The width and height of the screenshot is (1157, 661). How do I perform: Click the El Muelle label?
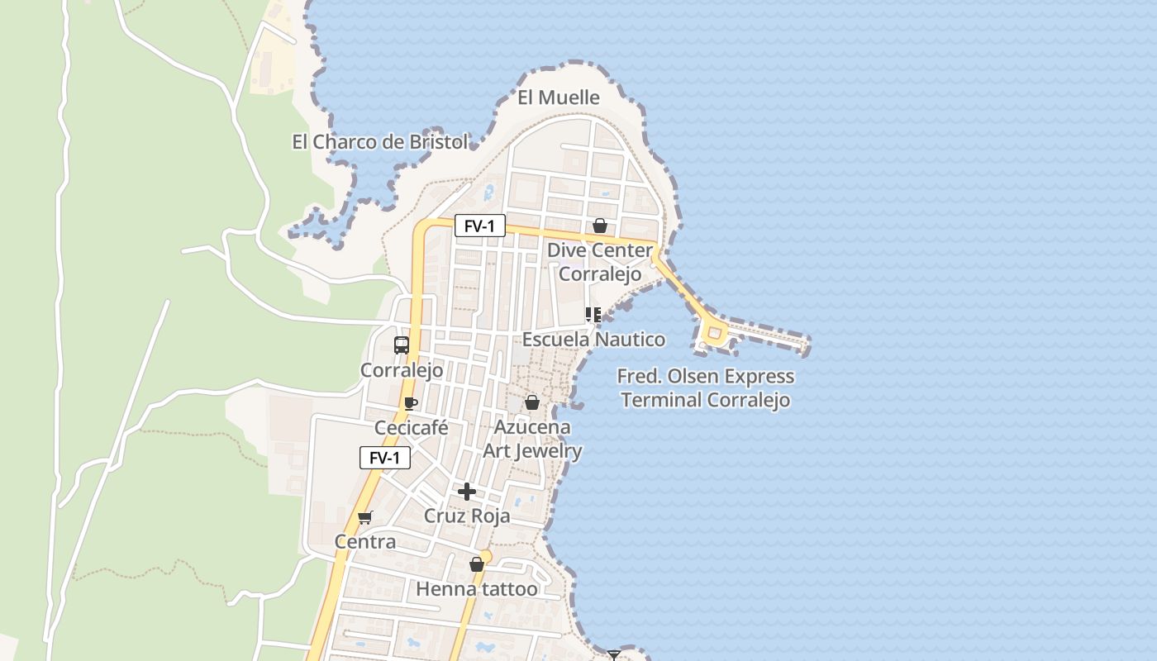tap(558, 97)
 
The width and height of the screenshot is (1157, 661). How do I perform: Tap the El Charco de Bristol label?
tap(379, 141)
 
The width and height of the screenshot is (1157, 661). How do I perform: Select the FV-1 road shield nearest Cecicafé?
tap(384, 458)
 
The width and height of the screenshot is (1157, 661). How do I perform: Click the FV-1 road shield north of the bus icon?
tap(479, 226)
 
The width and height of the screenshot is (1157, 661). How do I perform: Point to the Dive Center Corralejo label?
tap(600, 261)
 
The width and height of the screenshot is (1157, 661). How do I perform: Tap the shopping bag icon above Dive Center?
tap(599, 226)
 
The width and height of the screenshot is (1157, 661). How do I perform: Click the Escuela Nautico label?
tap(593, 339)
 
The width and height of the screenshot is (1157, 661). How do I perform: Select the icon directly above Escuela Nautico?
tap(593, 314)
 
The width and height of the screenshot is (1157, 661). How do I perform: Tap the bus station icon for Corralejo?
tap(402, 345)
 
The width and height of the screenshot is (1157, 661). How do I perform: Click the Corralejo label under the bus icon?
tap(402, 370)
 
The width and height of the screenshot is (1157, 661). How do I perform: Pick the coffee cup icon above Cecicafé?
tap(410, 403)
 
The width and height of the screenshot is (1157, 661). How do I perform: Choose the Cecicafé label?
tap(412, 427)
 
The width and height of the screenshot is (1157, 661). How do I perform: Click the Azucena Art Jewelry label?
tap(532, 439)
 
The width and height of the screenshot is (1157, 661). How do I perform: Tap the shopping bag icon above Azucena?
tap(532, 402)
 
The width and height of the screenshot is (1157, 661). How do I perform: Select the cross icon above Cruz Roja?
tap(467, 492)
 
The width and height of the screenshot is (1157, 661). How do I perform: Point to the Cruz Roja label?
tap(467, 516)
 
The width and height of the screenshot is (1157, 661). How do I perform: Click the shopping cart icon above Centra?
tap(364, 517)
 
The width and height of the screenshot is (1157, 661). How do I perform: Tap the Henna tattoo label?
tap(477, 589)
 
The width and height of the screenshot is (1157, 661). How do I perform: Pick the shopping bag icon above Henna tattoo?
tap(476, 564)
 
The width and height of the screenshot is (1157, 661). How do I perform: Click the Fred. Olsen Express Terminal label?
tap(706, 388)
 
